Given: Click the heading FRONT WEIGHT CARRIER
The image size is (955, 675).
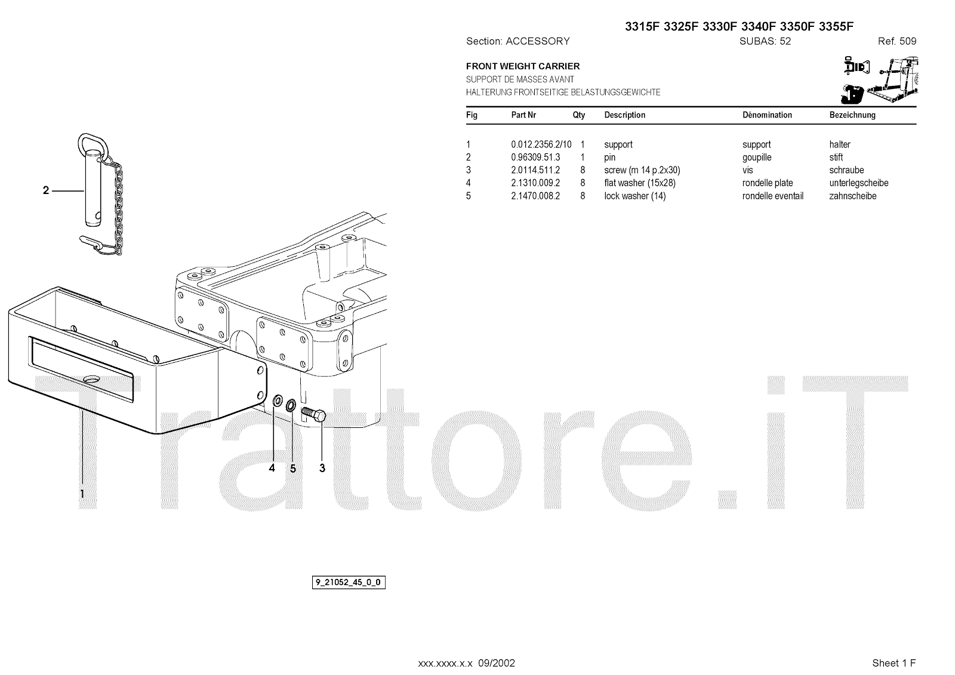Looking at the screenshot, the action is [523, 66].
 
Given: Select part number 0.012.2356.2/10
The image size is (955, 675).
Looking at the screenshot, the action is [541, 144].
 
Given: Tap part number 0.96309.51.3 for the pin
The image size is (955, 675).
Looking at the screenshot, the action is [535, 158].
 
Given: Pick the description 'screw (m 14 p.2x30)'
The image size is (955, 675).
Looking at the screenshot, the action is [642, 170].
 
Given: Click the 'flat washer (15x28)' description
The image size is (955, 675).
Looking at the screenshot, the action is [639, 183].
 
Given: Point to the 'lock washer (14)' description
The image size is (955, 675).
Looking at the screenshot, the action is [634, 196].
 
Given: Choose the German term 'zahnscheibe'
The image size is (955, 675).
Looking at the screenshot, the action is [852, 196].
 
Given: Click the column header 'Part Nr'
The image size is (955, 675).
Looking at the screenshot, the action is [523, 115].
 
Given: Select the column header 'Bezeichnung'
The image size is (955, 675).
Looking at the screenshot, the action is [852, 115].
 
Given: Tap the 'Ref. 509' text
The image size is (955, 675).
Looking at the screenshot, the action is [897, 42].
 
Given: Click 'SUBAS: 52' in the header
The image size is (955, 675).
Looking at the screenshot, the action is [765, 42].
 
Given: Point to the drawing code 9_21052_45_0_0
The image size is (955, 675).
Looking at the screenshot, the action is [349, 582].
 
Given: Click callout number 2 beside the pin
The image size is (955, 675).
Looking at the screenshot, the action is [46, 191].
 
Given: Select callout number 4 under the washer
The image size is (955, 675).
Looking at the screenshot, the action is [272, 469].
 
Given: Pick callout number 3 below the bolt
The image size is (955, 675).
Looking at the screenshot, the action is [322, 469].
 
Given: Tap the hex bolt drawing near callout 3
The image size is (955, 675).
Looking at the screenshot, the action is [314, 413].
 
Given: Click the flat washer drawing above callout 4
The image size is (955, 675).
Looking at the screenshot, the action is [278, 401].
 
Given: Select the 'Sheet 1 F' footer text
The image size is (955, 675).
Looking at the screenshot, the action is [894, 663].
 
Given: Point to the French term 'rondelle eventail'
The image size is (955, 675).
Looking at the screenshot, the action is [772, 196].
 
